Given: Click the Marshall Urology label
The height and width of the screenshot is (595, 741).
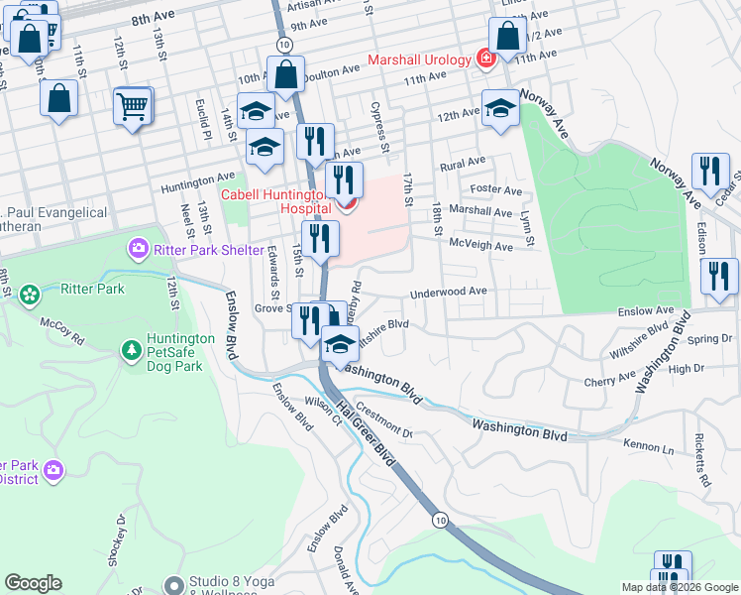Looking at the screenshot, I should point(418,59).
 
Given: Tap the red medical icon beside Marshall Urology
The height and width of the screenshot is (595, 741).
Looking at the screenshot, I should point(485,59).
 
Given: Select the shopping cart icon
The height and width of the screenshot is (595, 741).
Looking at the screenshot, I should point(133,105).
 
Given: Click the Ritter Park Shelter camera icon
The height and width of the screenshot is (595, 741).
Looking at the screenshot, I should point(139,248).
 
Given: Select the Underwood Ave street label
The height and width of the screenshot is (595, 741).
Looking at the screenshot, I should point(450,292).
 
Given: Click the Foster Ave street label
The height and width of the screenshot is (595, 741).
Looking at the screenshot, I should point(496,189).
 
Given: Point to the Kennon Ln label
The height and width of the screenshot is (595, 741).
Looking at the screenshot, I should point(649,446).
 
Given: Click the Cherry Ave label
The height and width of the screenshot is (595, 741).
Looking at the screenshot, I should point(610,379).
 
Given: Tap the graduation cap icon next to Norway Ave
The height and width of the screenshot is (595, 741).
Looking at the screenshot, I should point(501,107).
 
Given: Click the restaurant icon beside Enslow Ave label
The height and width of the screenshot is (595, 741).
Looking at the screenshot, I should point(719,277).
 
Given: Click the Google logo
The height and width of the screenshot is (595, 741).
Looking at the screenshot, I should point(33,583).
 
